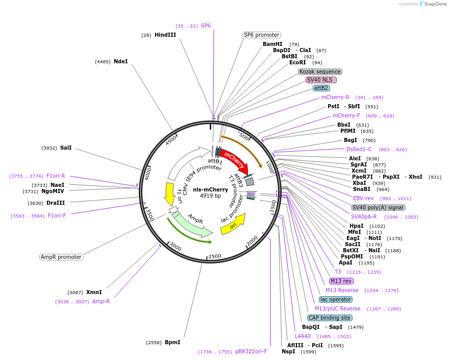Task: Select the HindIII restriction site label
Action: (165, 35)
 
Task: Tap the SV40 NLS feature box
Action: (321, 80)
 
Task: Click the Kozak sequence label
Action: (320, 71)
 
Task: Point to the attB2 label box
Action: (321, 88)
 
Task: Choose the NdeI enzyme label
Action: (121, 61)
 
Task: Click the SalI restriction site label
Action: (66, 148)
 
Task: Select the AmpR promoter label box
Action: (61, 257)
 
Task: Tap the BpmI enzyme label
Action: (172, 342)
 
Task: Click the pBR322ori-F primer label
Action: (251, 351)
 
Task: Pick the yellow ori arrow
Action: (233, 224)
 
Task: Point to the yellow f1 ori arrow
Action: (169, 194)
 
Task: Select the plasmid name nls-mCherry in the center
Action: (210, 189)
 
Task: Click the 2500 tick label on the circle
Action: (215, 256)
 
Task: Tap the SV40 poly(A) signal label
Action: (378, 207)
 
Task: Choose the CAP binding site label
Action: (329, 318)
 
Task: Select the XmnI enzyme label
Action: (94, 292)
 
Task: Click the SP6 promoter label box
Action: (261, 35)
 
